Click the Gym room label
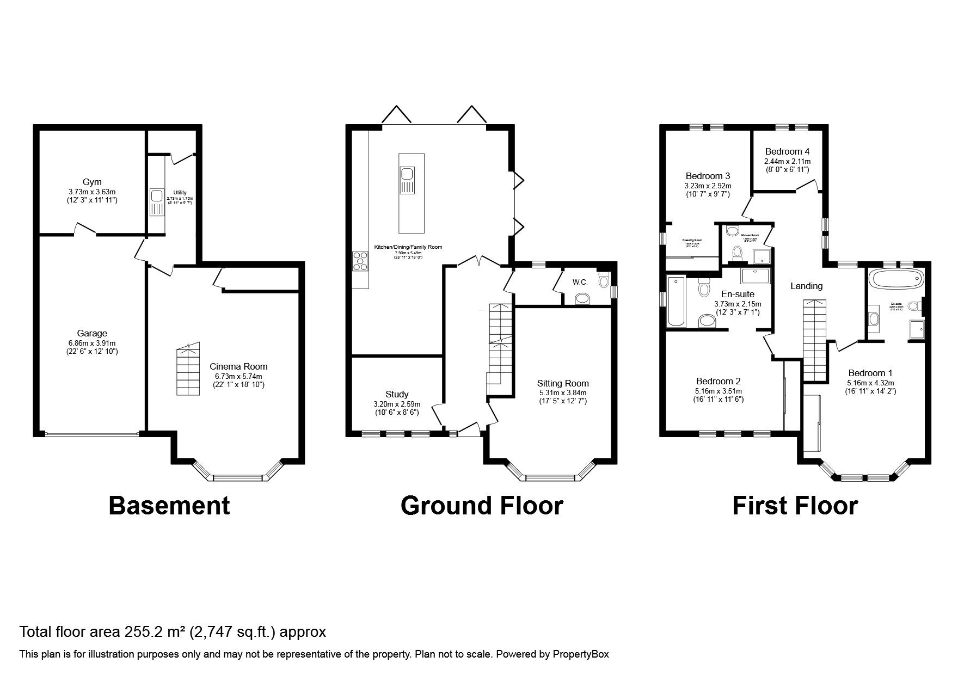(x=92, y=182)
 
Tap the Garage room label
(x=92, y=333)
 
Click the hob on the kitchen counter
(x=360, y=261)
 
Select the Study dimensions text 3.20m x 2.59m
(x=397, y=404)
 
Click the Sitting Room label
(x=563, y=383)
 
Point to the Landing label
(x=806, y=286)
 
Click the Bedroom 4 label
(x=787, y=152)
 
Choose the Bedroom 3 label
(x=708, y=176)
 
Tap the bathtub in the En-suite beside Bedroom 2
(x=676, y=301)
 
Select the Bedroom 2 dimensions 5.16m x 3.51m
(x=719, y=391)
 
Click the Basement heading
(x=169, y=505)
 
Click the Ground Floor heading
(x=482, y=505)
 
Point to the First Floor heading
(x=795, y=505)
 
